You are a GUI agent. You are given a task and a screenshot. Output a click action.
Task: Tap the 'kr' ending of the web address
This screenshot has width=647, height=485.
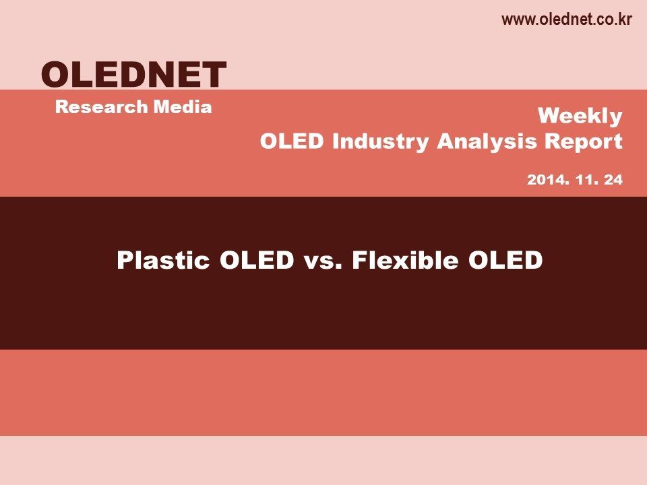[625, 19]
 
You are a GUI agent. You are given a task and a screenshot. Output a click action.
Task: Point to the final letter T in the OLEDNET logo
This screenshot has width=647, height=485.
[214, 74]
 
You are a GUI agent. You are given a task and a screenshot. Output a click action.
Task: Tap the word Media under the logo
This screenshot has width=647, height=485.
[183, 107]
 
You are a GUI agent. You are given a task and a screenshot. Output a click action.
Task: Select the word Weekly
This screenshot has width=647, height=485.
[580, 117]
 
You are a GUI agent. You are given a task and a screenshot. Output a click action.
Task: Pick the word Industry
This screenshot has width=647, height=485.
[380, 142]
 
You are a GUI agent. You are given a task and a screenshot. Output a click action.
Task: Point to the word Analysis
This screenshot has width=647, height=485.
[487, 142]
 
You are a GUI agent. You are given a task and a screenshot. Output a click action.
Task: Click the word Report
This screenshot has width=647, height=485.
[584, 142]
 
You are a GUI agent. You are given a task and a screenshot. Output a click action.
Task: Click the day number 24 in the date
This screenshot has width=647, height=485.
[613, 180]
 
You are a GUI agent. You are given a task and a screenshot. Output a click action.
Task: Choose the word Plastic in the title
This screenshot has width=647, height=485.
[163, 260]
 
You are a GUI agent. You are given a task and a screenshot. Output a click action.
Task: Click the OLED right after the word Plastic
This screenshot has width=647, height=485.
[257, 260]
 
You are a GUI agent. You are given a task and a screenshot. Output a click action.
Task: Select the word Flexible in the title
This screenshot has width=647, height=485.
[405, 260]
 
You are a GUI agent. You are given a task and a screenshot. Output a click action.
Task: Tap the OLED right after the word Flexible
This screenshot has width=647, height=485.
[505, 260]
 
